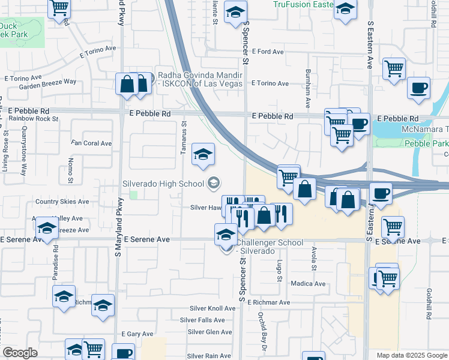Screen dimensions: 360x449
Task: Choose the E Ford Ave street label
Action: tap(268, 52)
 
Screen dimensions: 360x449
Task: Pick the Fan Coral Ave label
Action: tap(91, 143)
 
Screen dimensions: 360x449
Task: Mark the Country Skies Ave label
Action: tap(62, 202)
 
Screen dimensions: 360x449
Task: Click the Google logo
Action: tap(20, 353)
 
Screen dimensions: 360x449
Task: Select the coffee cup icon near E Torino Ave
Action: tap(418, 88)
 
